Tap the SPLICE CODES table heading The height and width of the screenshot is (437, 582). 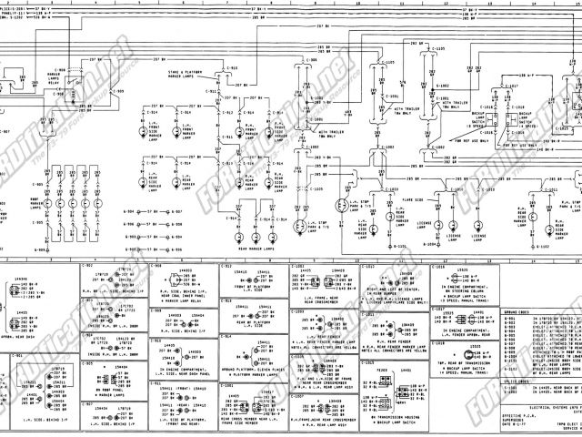click(x=516, y=380)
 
